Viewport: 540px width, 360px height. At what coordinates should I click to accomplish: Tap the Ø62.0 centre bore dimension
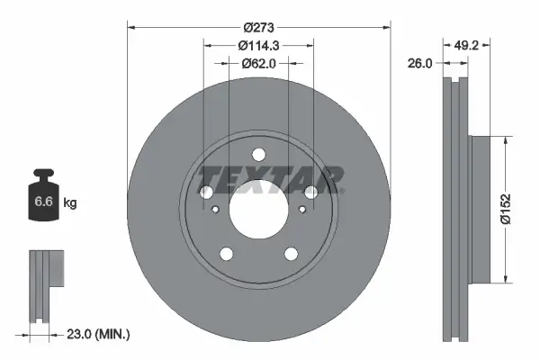[x=258, y=63]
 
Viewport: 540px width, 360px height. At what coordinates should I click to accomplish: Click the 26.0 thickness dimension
[x=420, y=63]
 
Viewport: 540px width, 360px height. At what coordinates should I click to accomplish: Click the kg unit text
[x=70, y=203]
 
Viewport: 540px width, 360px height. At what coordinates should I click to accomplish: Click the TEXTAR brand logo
[x=271, y=178]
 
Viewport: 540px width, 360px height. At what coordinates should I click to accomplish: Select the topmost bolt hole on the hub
[x=258, y=154]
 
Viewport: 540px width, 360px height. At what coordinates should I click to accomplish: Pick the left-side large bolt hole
[x=205, y=193]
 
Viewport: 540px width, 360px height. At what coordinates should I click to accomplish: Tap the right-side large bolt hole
[x=311, y=192]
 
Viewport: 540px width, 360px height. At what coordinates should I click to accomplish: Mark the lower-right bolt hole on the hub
[x=291, y=255]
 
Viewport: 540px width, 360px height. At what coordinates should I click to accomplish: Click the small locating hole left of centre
[x=216, y=210]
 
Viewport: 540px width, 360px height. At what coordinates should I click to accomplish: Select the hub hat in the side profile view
[x=479, y=206]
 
